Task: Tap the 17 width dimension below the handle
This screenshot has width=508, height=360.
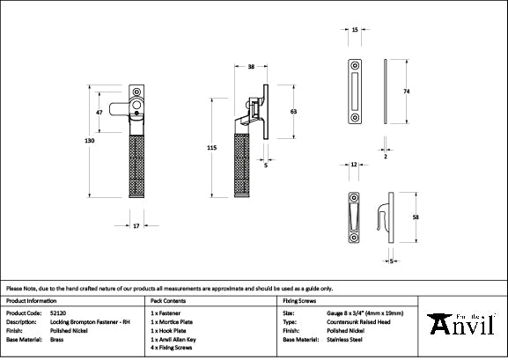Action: [136, 227]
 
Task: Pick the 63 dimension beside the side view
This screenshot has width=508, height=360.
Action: [292, 112]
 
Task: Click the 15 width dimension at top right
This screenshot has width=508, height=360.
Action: [354, 30]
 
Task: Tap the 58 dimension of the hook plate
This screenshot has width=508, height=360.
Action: [415, 217]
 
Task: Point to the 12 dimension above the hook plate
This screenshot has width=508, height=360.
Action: [353, 165]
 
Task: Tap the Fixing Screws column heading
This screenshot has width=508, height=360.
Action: [299, 300]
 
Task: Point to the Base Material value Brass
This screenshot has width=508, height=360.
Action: [56, 339]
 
